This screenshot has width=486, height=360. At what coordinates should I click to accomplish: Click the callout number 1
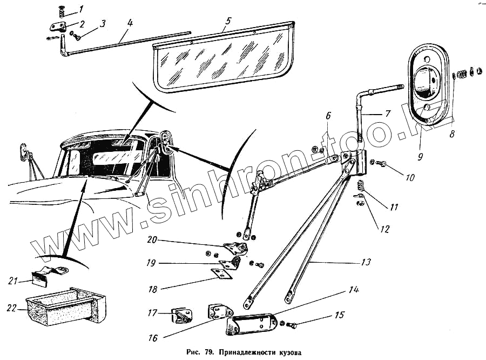pos(81,9)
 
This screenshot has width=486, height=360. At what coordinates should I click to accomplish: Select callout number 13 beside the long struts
pos(366,262)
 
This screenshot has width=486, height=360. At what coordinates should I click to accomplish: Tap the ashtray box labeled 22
pos(65,310)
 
